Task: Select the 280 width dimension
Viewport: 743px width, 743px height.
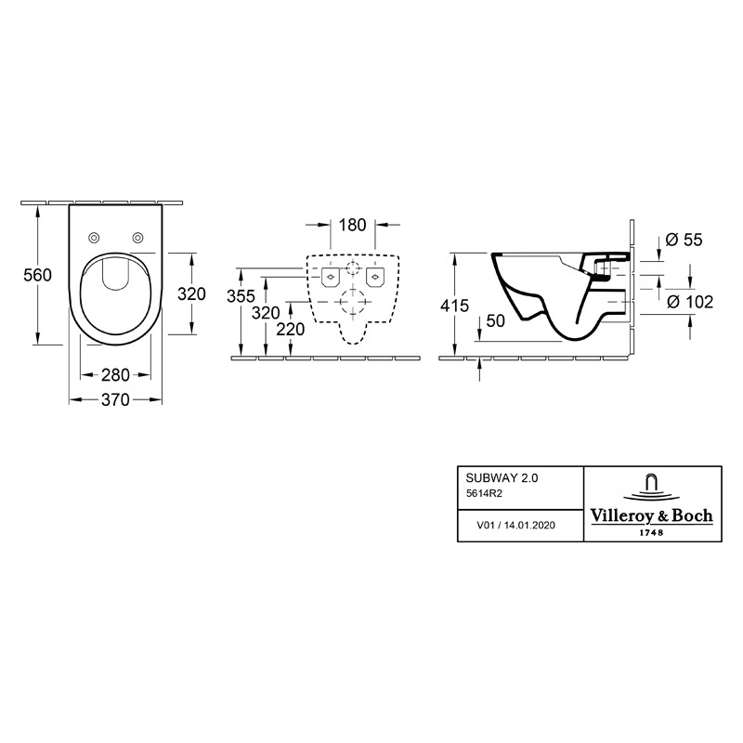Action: tap(115, 374)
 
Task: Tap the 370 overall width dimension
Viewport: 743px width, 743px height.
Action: tap(115, 399)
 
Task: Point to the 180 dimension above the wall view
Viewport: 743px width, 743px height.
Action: tap(353, 225)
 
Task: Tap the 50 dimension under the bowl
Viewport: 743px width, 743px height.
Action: tap(494, 320)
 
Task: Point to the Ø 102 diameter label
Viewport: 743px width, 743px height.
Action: tap(688, 301)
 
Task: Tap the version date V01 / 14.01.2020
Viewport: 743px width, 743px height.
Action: tap(515, 526)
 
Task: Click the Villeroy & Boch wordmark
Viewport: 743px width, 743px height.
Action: tap(651, 515)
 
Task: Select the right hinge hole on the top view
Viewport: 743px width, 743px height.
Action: tap(137, 236)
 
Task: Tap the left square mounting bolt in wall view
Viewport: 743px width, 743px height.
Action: tap(330, 277)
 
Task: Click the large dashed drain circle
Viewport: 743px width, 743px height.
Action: tap(352, 302)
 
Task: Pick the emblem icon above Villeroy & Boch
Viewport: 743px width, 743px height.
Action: tap(651, 487)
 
